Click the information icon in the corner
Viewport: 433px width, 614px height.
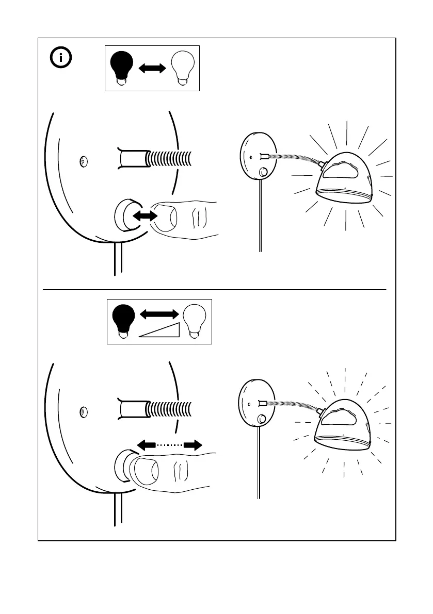pos(62,58)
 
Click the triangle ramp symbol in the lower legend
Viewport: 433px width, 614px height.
pos(159,329)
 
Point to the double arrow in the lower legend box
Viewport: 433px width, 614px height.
pos(159,313)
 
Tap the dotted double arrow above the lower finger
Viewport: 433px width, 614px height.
pos(169,444)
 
